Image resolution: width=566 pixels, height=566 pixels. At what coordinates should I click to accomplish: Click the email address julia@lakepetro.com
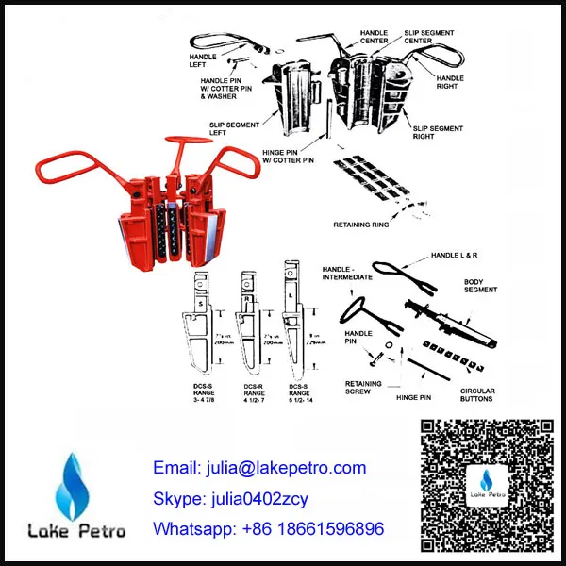[x=258, y=468]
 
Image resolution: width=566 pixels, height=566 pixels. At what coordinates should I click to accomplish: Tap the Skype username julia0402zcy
[x=230, y=497]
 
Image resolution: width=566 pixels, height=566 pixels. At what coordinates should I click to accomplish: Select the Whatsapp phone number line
[x=269, y=528]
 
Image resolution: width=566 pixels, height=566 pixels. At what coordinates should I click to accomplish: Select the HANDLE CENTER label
[x=374, y=37]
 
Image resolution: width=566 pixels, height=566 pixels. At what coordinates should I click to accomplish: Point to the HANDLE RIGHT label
[x=450, y=83]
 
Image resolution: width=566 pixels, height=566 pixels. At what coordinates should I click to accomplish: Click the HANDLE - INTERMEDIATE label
[x=350, y=274]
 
